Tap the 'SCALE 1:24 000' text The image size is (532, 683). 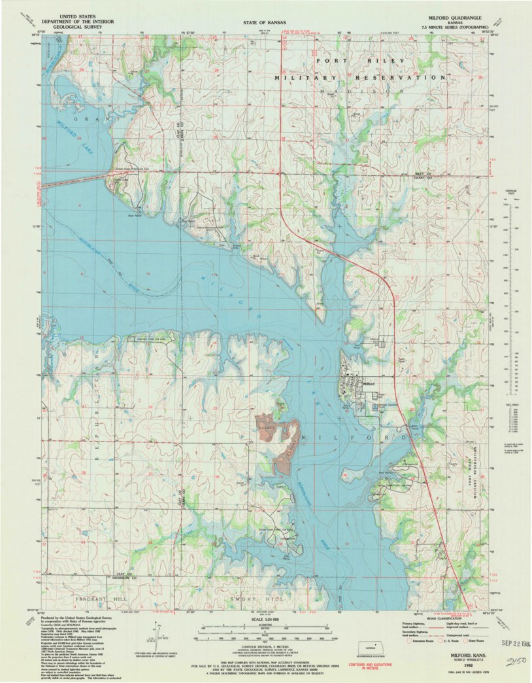coord(265,618)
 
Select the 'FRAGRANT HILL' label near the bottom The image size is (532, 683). coord(83,599)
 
